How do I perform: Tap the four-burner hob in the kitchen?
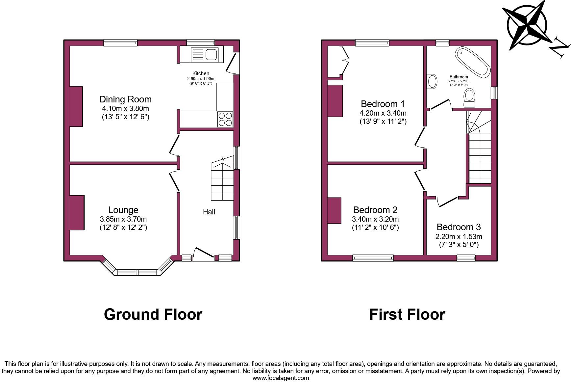click(225, 119)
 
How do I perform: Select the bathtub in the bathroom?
click(473, 62)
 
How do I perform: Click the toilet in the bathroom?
click(469, 98)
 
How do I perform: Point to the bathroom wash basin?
click(432, 81)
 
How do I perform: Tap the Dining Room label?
click(125, 99)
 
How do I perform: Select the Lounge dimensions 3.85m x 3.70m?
click(123, 219)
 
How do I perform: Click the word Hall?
click(209, 212)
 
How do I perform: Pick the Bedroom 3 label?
click(459, 227)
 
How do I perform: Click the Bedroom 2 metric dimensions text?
click(375, 219)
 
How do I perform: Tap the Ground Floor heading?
click(153, 314)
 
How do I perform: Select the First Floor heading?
click(407, 314)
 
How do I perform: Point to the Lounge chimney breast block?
click(77, 213)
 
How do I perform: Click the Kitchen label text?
click(201, 73)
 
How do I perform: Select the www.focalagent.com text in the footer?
click(281, 378)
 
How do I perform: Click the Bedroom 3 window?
click(466, 258)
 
